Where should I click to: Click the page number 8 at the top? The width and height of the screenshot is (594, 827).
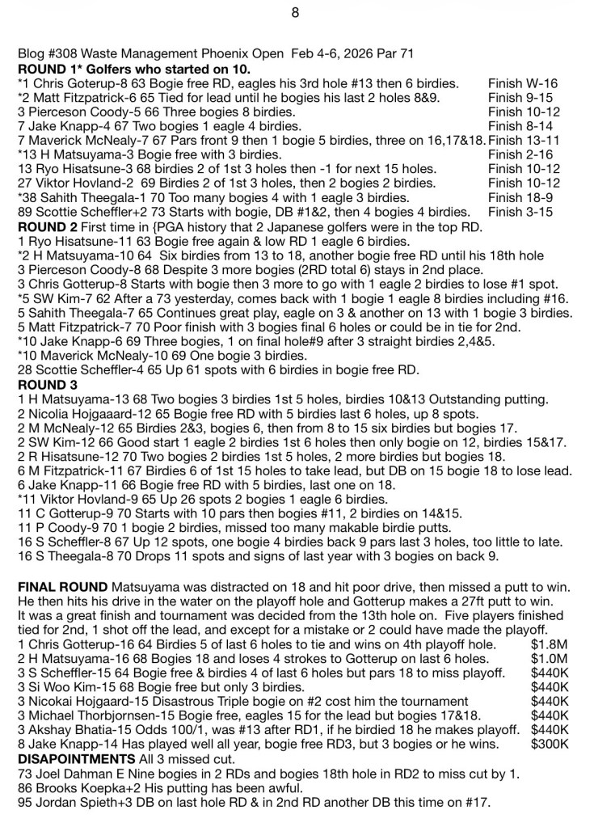coord(296,12)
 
